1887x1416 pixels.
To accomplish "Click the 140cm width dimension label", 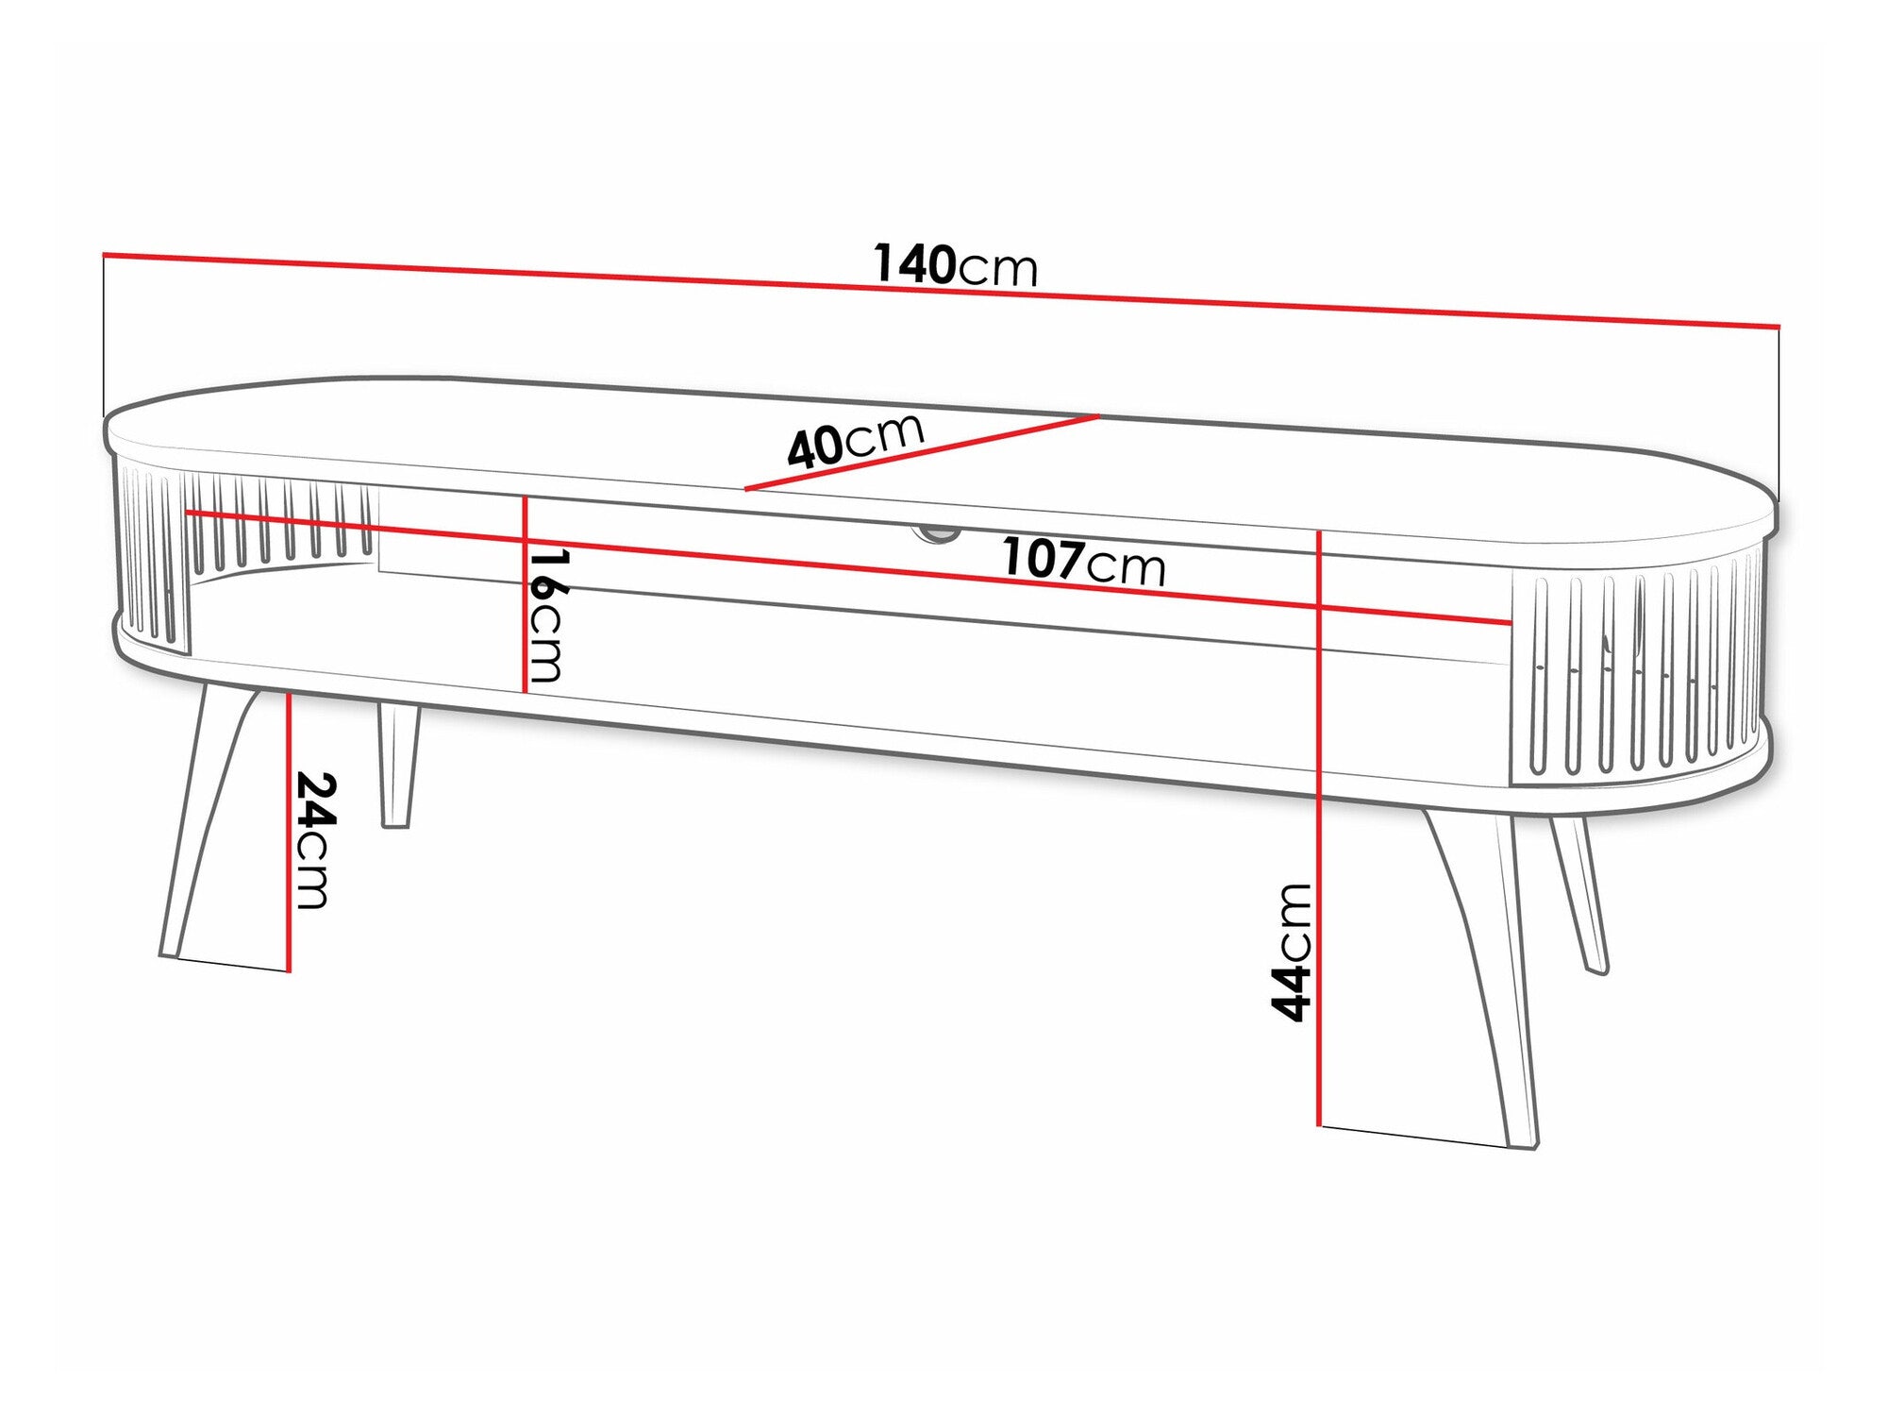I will tap(955, 265).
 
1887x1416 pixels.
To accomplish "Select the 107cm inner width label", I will tap(1083, 562).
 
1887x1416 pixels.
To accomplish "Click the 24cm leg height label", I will tap(313, 840).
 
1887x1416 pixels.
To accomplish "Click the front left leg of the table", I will tap(208, 831).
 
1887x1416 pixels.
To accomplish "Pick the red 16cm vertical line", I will tap(525, 595).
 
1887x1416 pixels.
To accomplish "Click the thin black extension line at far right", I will tap(1778, 415).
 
